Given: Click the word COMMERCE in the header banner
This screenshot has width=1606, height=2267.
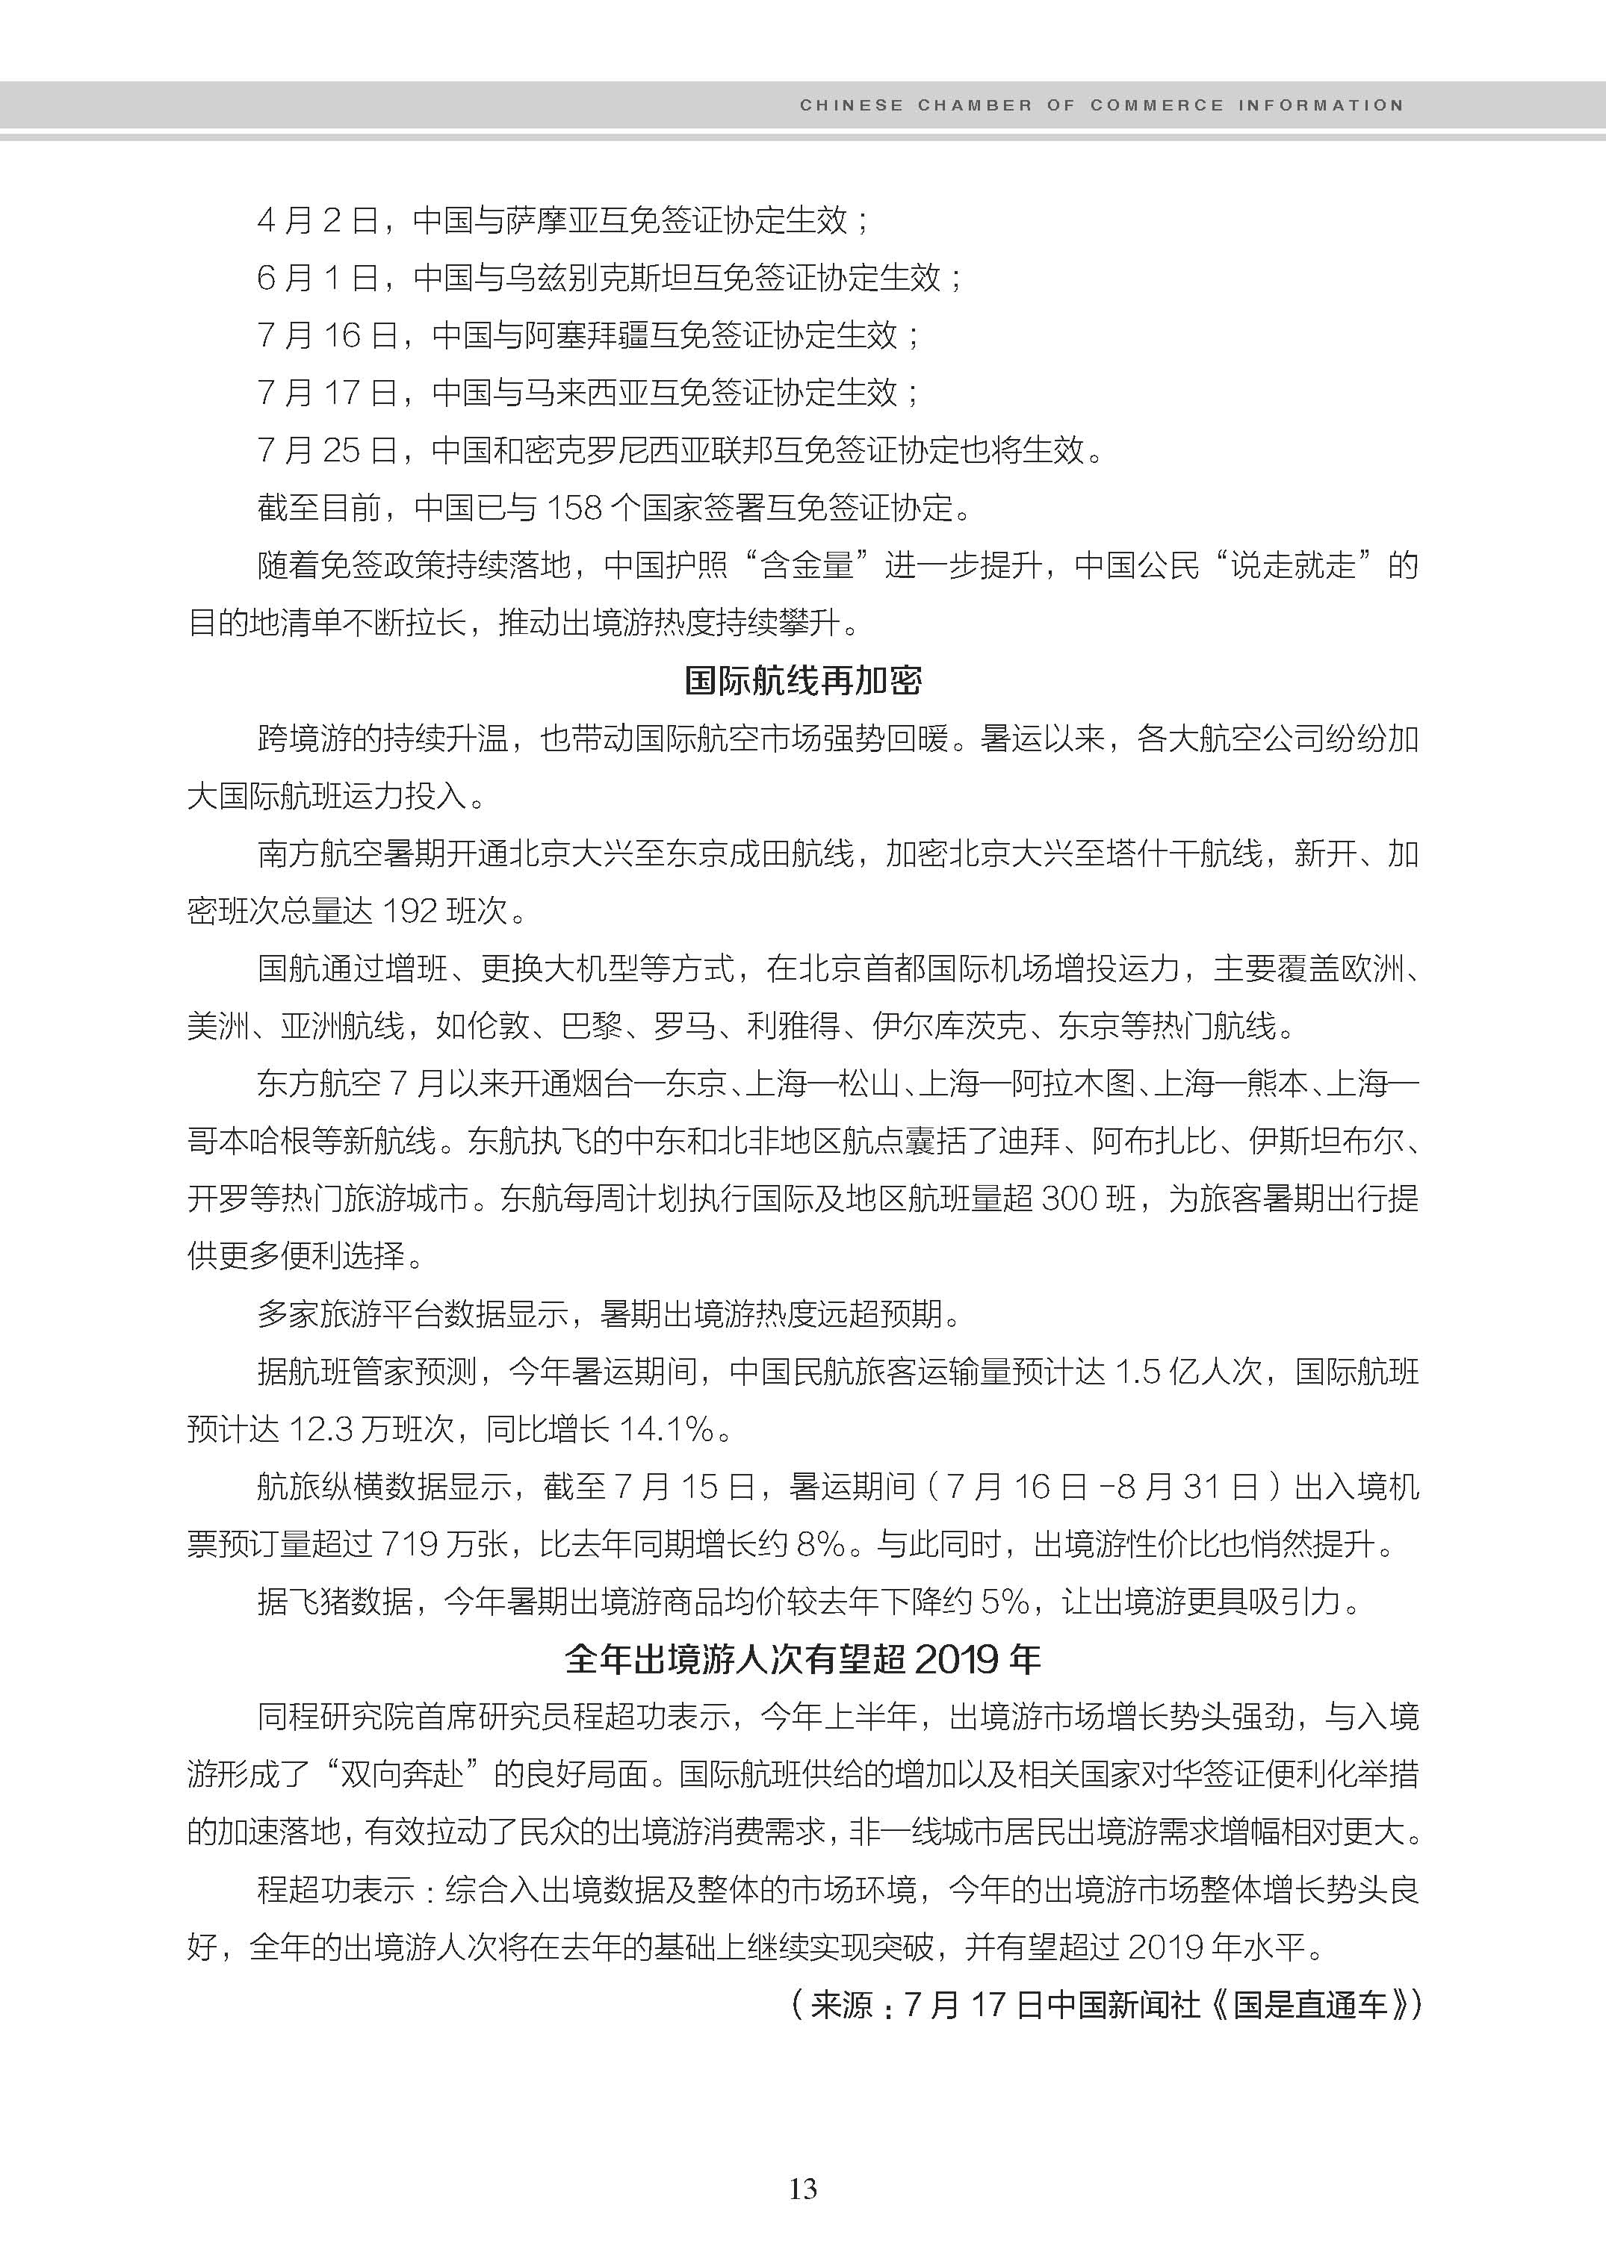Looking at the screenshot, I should (x=1157, y=105).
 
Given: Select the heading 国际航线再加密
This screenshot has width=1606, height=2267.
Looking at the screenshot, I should (x=803, y=680).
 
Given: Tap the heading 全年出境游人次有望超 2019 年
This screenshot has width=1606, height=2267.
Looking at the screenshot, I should (x=803, y=1659).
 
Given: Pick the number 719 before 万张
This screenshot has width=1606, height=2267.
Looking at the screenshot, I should (x=409, y=1544).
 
